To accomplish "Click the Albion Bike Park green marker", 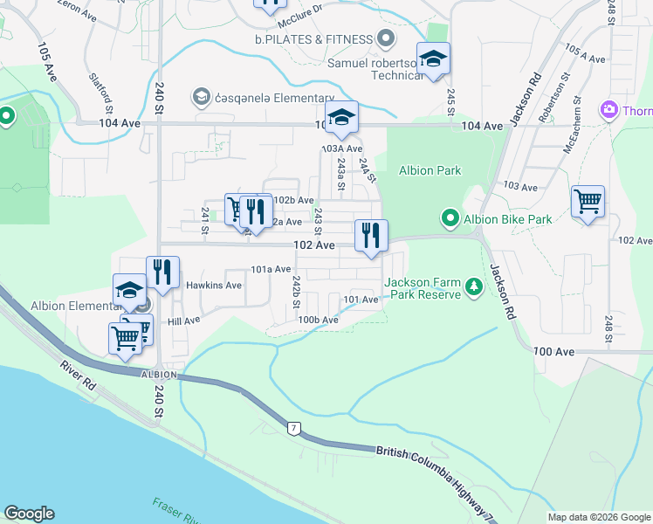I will coord(450,218).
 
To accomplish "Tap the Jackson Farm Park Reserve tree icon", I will coord(473,287).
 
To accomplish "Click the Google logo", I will coord(29,514).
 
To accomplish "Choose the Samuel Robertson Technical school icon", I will coord(433,59).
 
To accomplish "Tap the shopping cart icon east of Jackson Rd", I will coord(588,202).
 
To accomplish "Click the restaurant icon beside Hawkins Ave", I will coord(162,272).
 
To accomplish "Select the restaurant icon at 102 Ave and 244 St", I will coord(371,236).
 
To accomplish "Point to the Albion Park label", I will coord(430,170).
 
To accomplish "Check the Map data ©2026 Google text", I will coord(598,517).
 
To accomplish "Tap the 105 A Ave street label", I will coord(585,52).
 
